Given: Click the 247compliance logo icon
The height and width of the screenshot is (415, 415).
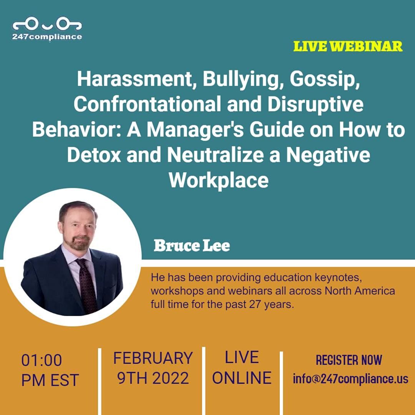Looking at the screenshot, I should coord(47,25).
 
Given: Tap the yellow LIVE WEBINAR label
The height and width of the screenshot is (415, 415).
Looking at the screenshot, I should coord(348,46).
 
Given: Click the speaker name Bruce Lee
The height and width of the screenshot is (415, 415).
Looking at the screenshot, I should coord(192,246).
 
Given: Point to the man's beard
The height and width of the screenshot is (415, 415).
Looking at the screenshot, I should coord(80,243).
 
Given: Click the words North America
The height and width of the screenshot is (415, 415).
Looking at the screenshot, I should coord(360,290).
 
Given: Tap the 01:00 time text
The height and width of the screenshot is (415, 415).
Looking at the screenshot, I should coord(41,360).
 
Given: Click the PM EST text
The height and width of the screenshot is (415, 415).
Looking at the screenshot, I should coord(50,380).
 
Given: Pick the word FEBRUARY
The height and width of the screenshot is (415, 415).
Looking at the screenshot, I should coord(153,358).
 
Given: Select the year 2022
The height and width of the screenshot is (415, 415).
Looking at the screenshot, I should coord(171,378).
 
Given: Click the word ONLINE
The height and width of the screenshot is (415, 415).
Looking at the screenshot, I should coord(242,378).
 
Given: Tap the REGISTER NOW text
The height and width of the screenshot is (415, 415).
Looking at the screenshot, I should coord(349,360).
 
